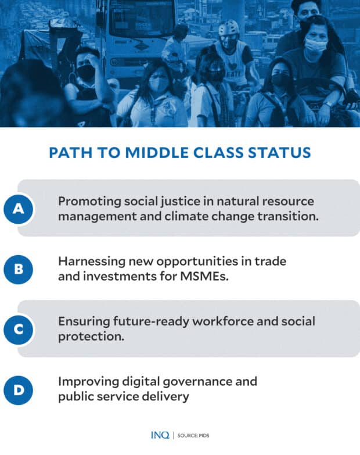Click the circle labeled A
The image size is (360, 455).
pos(19,209)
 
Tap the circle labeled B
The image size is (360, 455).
pos(19,269)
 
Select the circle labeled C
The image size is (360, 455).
pos(19,329)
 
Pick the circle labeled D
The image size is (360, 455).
pos(19,390)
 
